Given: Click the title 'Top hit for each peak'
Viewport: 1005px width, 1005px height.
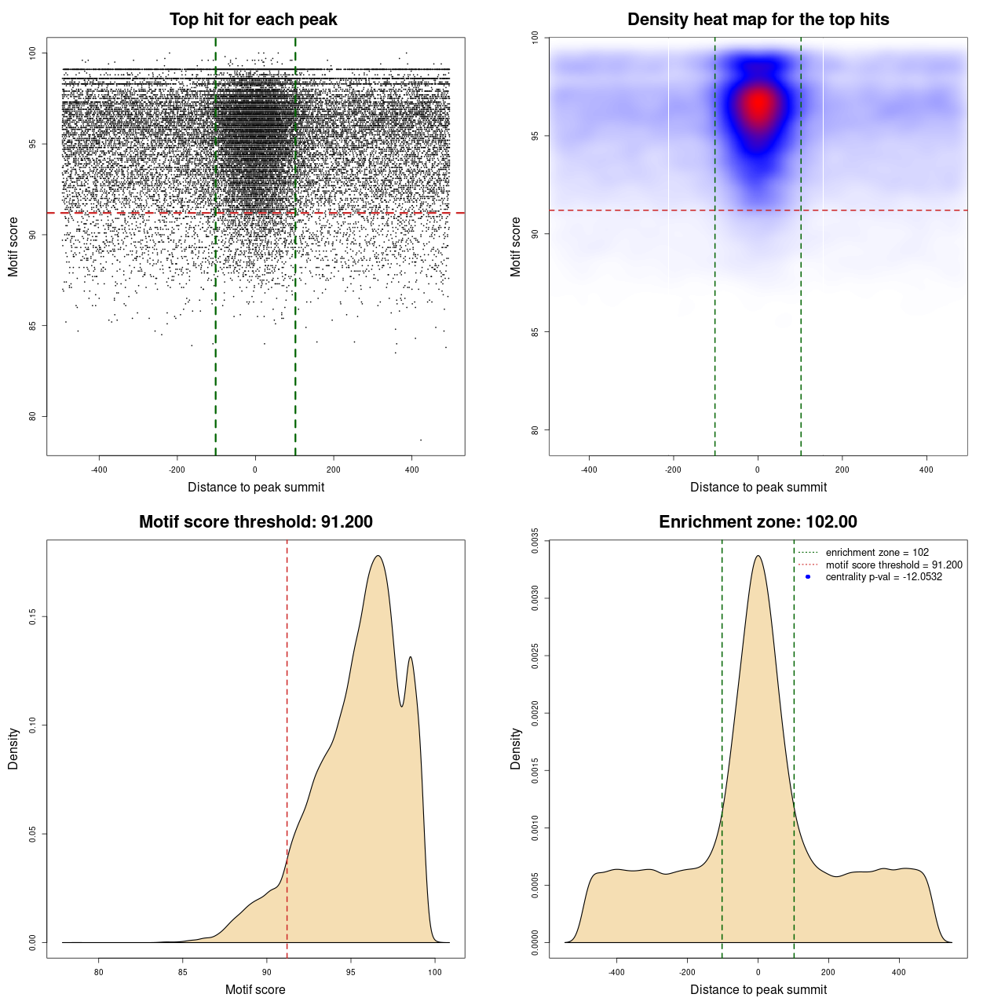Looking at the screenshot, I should click(x=253, y=20).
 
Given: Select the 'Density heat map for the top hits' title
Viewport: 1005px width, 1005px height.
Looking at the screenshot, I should click(x=758, y=20).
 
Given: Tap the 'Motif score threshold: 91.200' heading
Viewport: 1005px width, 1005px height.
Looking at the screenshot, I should click(x=255, y=522).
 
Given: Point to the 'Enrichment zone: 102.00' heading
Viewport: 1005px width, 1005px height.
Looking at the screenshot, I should click(x=758, y=522).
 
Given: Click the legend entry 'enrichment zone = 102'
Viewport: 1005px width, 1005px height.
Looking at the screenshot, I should click(x=876, y=553).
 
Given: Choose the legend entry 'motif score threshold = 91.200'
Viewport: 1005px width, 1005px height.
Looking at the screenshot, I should click(x=894, y=565).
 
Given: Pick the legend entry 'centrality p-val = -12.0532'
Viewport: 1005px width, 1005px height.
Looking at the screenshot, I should click(x=883, y=577).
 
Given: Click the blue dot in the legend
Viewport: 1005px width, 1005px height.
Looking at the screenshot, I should click(x=808, y=577).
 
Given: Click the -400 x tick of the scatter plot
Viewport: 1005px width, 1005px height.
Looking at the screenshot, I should click(x=99, y=470).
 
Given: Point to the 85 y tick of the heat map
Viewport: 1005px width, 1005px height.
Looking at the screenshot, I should click(x=535, y=332).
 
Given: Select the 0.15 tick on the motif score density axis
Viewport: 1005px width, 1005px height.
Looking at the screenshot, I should click(x=33, y=617).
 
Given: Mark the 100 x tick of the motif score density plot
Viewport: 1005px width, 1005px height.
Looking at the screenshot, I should click(x=435, y=972).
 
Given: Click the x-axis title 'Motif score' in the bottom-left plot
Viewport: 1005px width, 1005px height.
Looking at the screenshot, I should click(x=255, y=989).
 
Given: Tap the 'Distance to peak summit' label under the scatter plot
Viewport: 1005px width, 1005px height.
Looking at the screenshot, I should click(x=256, y=487).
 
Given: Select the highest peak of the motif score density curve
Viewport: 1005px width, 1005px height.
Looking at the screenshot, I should click(x=378, y=556).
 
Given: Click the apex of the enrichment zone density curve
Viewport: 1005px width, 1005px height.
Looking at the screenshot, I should click(x=758, y=556).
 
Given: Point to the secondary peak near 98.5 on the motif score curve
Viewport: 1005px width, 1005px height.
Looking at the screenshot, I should click(x=410, y=657).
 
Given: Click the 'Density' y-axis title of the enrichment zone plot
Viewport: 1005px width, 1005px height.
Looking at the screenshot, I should click(x=516, y=748).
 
